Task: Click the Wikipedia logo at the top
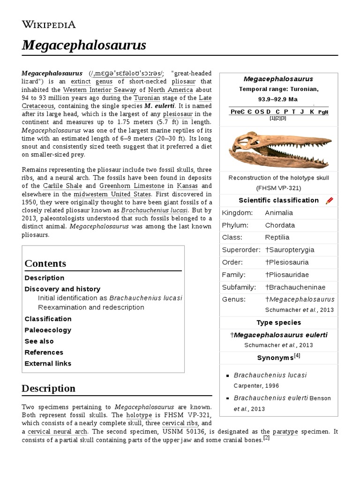(x=48, y=25)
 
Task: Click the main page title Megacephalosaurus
(x=84, y=45)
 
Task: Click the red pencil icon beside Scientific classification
(x=329, y=201)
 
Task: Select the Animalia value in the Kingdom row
(x=280, y=213)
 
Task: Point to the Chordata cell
(x=280, y=225)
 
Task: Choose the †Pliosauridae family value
(x=287, y=275)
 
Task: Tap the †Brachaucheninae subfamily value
(x=295, y=287)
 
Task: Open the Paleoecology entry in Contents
(x=48, y=330)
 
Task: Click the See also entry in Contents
(x=39, y=341)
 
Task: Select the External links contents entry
(x=48, y=364)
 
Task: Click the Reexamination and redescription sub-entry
(x=91, y=307)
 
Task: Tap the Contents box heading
(x=45, y=263)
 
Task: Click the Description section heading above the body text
(x=48, y=389)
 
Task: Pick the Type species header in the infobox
(x=279, y=322)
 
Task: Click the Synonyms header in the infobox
(x=276, y=358)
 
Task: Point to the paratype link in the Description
(x=285, y=432)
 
